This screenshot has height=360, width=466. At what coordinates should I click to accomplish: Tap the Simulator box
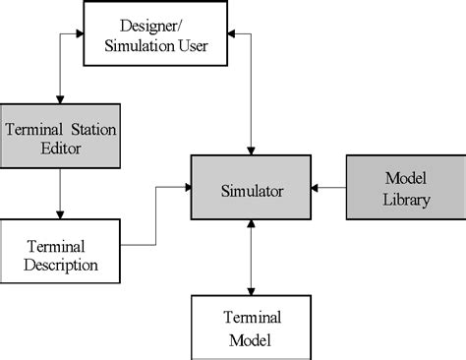(251, 188)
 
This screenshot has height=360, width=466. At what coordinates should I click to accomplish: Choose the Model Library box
(402, 187)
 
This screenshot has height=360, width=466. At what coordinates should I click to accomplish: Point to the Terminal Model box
(251, 328)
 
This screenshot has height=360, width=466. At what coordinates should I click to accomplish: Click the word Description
(61, 265)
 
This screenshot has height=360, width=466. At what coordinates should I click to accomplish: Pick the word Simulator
(251, 189)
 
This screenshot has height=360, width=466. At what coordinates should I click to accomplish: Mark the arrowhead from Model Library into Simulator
(315, 187)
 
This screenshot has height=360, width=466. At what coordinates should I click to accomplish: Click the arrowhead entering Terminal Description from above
(61, 213)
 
